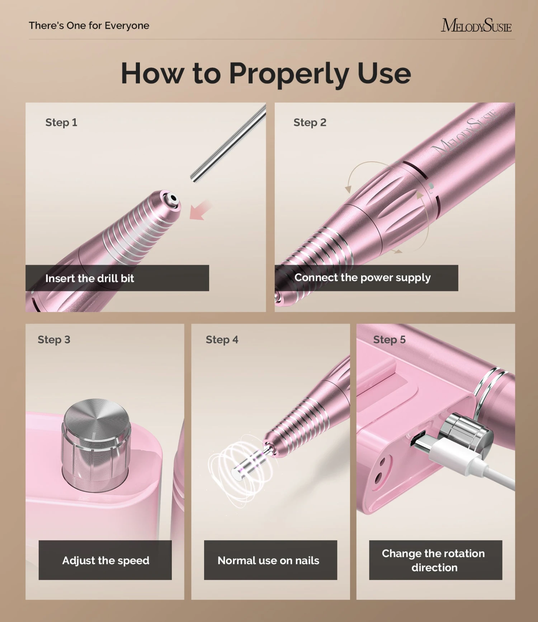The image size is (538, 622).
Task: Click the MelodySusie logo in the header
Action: (476, 26)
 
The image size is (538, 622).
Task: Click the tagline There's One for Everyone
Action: (89, 25)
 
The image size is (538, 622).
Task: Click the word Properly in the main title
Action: (289, 74)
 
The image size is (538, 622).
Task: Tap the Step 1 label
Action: (61, 122)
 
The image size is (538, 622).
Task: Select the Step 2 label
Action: (310, 122)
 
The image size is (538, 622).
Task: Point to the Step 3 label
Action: (54, 339)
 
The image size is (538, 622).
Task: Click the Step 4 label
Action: (222, 339)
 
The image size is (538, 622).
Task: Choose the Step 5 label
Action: (390, 339)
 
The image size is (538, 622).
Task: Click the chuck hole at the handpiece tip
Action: (173, 198)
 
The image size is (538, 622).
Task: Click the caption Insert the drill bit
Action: (90, 278)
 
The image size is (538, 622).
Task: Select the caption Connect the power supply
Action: (362, 278)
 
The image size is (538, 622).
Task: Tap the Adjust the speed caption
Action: (105, 560)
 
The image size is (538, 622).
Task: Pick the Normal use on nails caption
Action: (268, 560)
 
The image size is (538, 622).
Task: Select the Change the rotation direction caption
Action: (434, 560)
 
